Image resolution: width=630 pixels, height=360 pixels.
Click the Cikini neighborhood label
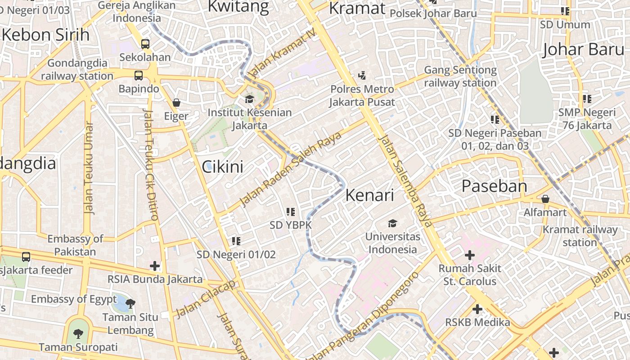point(222,167)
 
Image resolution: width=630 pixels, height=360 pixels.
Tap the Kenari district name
point(369,195)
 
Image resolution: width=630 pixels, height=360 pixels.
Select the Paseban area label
point(494,186)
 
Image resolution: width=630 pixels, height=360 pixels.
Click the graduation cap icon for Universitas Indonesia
point(393,223)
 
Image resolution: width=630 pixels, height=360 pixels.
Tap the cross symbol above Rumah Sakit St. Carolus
point(469,256)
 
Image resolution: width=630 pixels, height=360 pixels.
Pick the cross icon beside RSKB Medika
point(477,309)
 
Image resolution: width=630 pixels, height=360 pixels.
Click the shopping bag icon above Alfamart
point(545,198)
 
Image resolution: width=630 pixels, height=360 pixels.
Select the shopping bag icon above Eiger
point(176,103)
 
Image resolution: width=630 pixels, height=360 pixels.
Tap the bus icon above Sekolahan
point(145,44)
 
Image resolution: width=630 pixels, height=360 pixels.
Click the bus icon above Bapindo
point(139,75)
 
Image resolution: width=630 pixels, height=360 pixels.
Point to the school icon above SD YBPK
point(291,211)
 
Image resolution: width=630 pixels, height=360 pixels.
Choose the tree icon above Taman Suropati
point(78,333)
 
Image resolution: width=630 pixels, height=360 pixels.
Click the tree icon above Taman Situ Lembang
point(130,304)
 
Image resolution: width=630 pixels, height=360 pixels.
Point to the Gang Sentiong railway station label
point(460,76)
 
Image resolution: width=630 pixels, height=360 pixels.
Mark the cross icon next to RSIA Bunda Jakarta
point(155,265)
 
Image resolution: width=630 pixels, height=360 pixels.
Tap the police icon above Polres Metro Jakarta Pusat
point(362,75)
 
